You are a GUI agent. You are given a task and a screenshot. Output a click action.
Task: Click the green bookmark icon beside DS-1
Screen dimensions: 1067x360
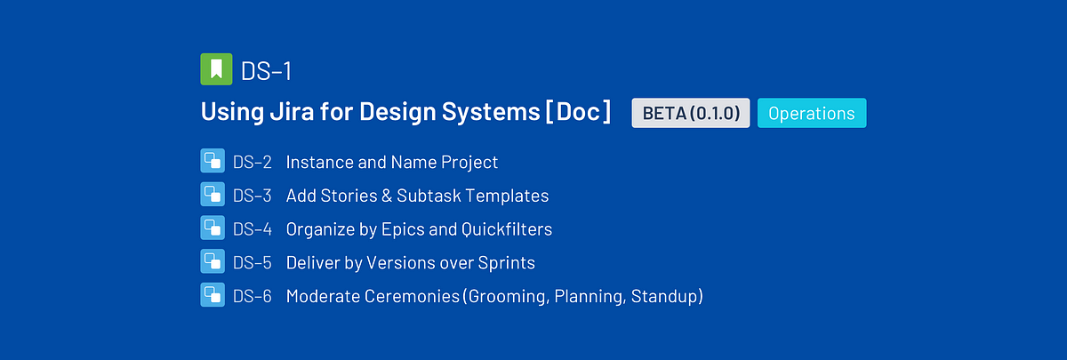tap(216, 69)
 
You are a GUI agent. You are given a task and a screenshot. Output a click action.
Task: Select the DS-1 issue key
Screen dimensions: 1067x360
tap(266, 71)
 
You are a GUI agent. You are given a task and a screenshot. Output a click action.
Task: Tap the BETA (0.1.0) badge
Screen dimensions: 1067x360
tap(691, 113)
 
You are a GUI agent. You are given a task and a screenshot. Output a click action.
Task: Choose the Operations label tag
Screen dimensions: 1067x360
tap(812, 113)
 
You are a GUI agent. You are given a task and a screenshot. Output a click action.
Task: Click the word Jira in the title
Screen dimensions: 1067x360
tap(292, 111)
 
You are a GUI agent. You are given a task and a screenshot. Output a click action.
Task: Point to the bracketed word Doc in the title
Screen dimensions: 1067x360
tap(578, 112)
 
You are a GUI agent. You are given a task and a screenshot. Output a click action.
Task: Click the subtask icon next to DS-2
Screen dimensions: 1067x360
tap(213, 161)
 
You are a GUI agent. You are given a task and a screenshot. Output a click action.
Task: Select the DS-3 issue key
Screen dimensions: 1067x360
tap(252, 196)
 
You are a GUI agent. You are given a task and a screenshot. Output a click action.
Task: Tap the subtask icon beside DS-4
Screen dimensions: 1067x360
tap(213, 228)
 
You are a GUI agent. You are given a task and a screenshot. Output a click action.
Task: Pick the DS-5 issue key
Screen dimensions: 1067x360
tap(252, 263)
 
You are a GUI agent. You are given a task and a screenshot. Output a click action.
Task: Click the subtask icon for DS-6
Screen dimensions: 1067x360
tap(213, 295)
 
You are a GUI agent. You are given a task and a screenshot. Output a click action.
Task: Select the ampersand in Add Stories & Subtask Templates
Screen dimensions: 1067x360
tap(387, 196)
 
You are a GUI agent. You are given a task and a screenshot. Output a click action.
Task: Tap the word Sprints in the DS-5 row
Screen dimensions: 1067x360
tap(506, 263)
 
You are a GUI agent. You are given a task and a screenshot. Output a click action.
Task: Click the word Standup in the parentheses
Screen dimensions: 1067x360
tap(663, 296)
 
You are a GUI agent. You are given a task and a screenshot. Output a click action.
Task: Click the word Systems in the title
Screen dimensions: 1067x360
tap(491, 112)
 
